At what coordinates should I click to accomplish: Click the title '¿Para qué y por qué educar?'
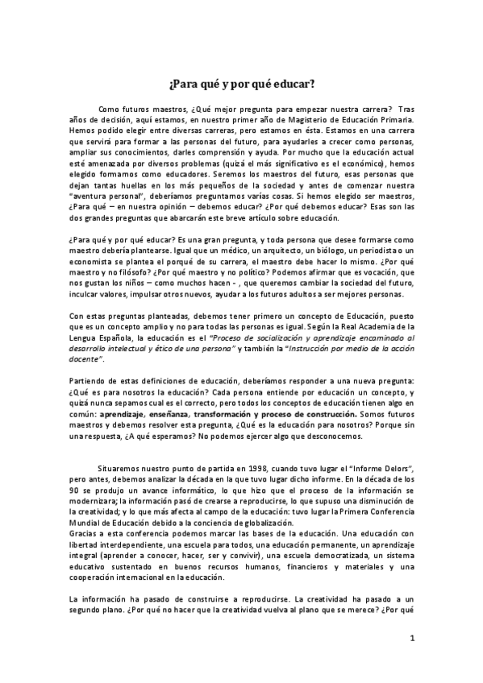[242, 83]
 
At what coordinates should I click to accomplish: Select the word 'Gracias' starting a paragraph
[87, 557]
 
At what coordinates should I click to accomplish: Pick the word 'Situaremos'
[123, 467]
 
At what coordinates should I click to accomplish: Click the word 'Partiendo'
[89, 379]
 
